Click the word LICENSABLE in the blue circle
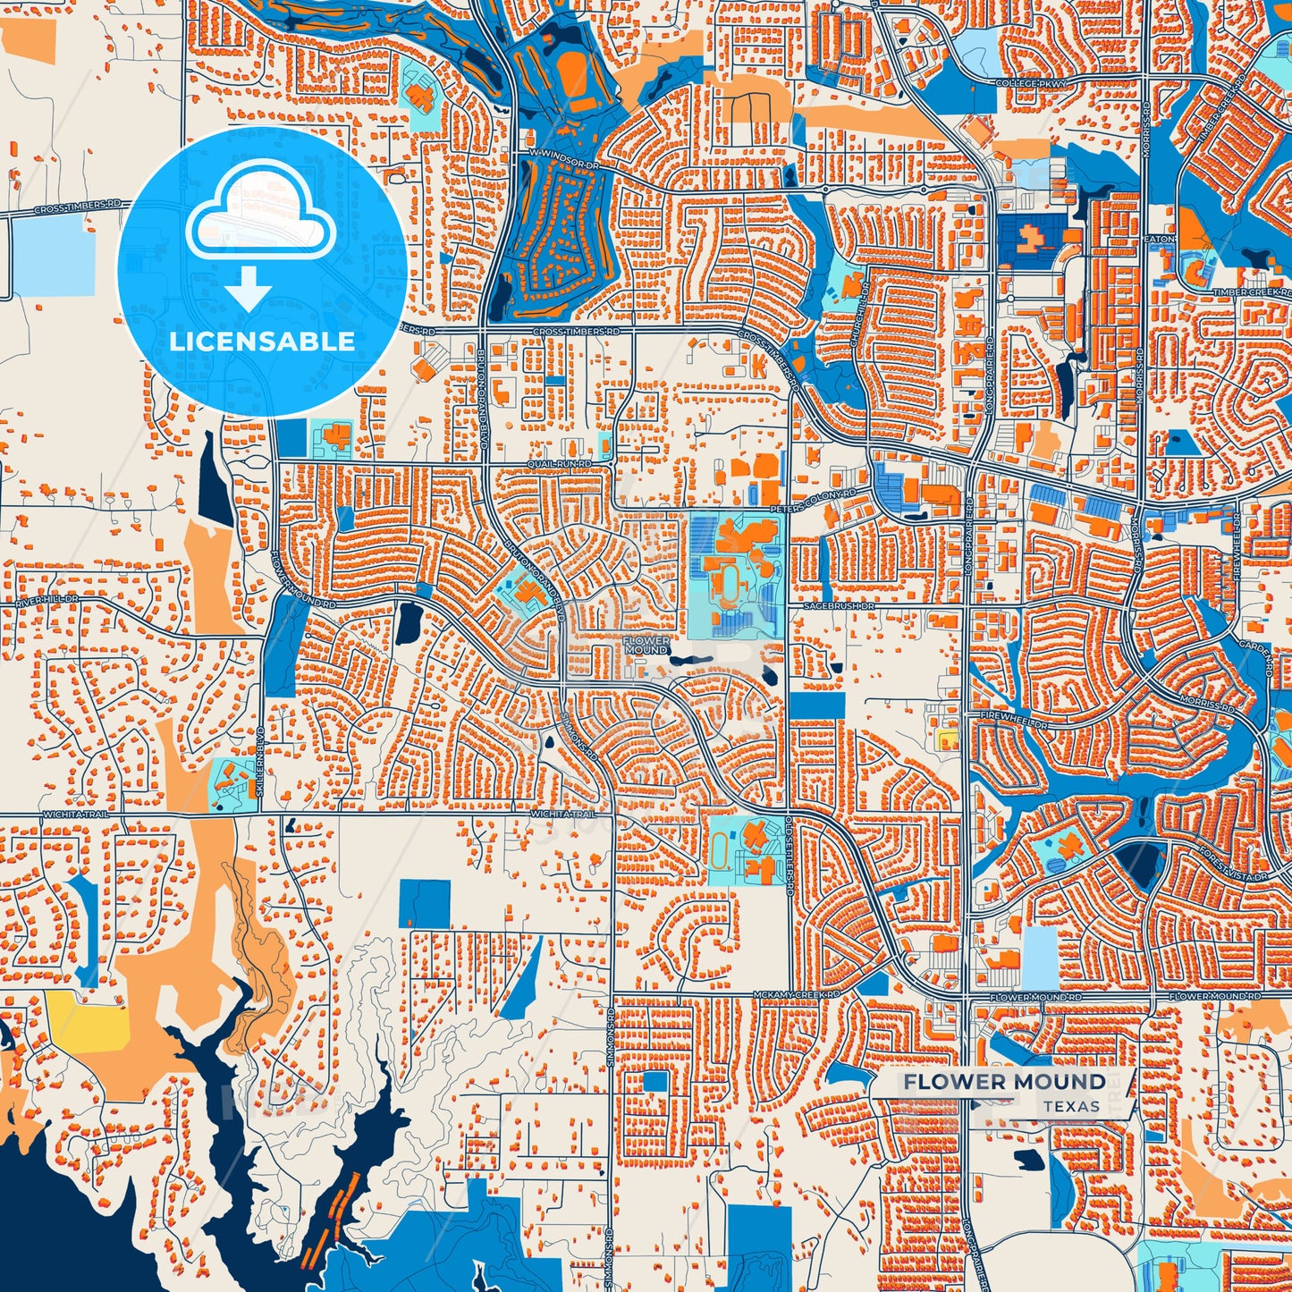(262, 341)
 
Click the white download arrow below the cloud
(249, 287)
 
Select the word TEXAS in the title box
(1071, 1106)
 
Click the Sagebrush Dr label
(837, 605)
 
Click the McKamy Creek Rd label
(796, 994)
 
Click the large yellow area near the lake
(87, 1018)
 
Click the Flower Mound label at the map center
(646, 646)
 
